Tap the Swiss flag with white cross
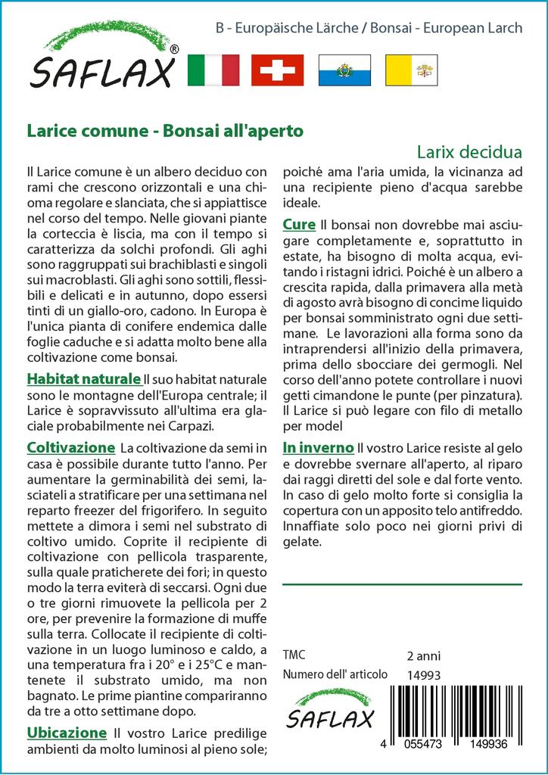277,70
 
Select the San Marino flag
344,70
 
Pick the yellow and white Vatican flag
411,70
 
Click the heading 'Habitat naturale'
83,378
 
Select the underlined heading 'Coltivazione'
70,447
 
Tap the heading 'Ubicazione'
67,733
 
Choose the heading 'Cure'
299,225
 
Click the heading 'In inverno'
318,447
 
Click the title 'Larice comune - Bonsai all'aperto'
165,130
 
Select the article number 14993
423,675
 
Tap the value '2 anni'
423,655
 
